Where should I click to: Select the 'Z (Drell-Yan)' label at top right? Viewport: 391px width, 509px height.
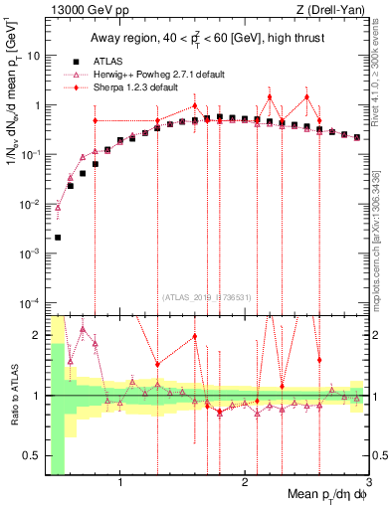pyautogui.click(x=337, y=10)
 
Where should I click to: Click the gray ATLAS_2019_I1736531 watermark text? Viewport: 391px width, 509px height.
pyautogui.click(x=206, y=296)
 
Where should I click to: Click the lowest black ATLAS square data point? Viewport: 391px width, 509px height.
pyautogui.click(x=58, y=238)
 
